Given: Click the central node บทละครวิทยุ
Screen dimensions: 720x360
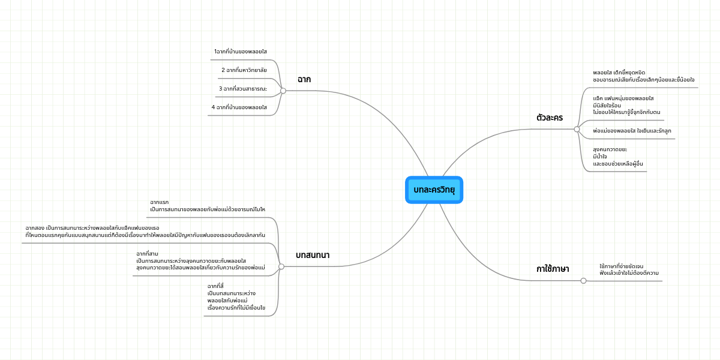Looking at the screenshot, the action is pos(434,190).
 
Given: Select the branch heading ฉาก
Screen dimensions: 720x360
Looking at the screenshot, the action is pos(304,79).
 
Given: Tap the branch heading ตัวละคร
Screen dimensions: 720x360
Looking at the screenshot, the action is pos(550,118).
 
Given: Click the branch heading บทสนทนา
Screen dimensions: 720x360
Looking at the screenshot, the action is pos(313,255).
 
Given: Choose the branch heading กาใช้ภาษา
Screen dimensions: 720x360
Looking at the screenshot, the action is pos(553,269).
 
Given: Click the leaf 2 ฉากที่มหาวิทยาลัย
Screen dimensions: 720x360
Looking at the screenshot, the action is pos(244,70).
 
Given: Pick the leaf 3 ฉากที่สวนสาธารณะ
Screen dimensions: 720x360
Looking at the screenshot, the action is pos(243,89).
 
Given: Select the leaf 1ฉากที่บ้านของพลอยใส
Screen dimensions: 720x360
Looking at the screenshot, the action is pos(241,52).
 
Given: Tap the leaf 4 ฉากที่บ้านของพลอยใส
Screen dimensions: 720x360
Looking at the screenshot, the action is pos(239,107).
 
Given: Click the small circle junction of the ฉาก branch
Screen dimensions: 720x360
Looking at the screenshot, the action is pos(283,91).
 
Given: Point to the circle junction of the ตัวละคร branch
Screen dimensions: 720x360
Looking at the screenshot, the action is pos(577,129).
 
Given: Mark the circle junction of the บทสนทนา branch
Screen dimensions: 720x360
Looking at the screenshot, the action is pos(281,266).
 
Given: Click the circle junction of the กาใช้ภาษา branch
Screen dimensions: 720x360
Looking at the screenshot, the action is pos(584,281).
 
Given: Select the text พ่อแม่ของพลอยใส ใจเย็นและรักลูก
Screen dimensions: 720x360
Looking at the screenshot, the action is pos(632,131).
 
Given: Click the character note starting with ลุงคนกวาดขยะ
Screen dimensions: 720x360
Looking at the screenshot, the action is pos(618,157).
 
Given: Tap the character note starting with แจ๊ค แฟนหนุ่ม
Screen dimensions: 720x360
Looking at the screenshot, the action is pos(626,105).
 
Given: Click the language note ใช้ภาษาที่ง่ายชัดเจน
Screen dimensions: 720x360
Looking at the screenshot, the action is pos(629,269).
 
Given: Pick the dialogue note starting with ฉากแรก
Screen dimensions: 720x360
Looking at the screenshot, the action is pos(208,206).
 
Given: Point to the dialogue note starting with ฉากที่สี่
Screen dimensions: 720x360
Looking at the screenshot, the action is pos(236,297).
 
